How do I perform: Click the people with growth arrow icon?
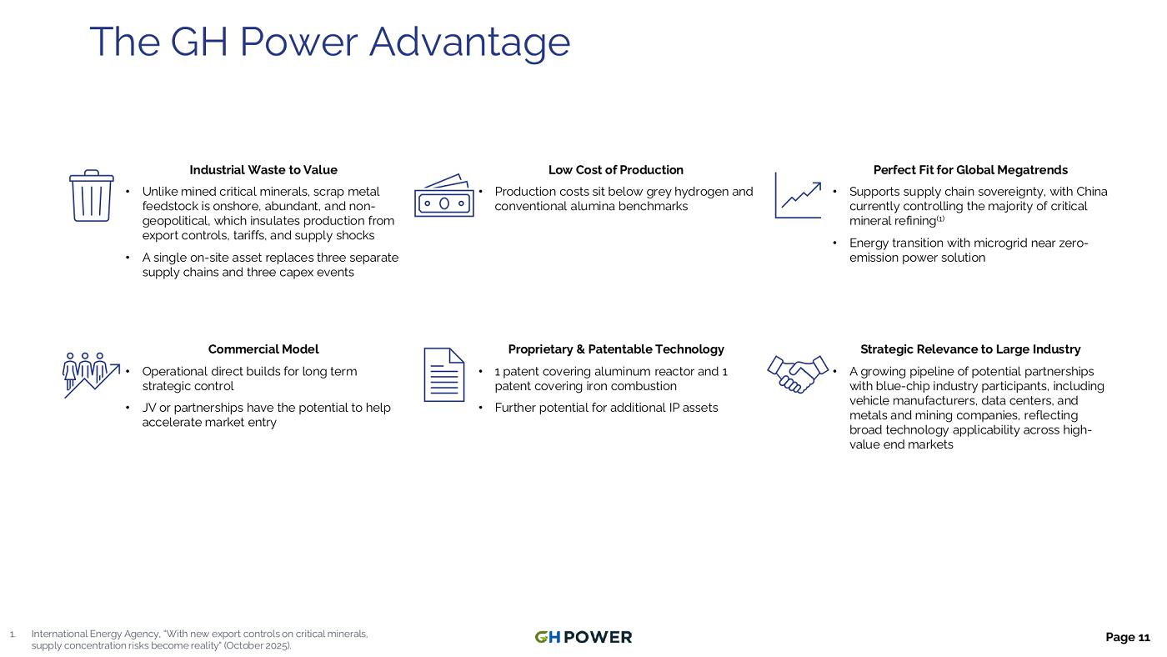click(91, 375)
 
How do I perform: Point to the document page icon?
click(443, 374)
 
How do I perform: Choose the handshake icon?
click(798, 374)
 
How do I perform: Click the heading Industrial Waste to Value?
click(263, 170)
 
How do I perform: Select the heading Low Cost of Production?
click(616, 170)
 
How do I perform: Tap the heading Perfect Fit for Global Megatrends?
click(970, 170)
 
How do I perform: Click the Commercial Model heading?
click(263, 349)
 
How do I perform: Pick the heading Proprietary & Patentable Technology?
click(616, 349)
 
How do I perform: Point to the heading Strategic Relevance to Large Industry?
click(970, 349)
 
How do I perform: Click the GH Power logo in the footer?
click(583, 637)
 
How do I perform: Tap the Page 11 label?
click(1127, 637)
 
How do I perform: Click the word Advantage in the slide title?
click(469, 43)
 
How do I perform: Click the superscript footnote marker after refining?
click(940, 218)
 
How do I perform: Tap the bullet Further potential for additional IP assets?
click(606, 408)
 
